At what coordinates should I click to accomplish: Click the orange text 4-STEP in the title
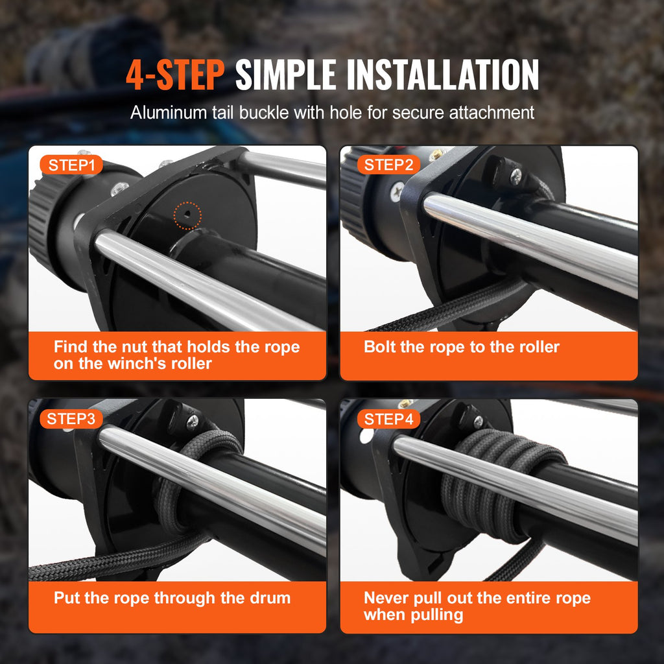click(x=174, y=75)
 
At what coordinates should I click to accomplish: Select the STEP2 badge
click(x=388, y=165)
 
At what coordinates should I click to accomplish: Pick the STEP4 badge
click(x=388, y=419)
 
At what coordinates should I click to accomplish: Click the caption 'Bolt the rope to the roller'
click(x=461, y=346)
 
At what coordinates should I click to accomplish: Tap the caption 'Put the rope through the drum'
click(x=172, y=597)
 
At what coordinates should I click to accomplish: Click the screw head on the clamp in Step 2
click(x=516, y=174)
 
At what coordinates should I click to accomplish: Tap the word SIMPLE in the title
click(x=285, y=75)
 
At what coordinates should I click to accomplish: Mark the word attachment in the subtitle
click(x=493, y=112)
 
